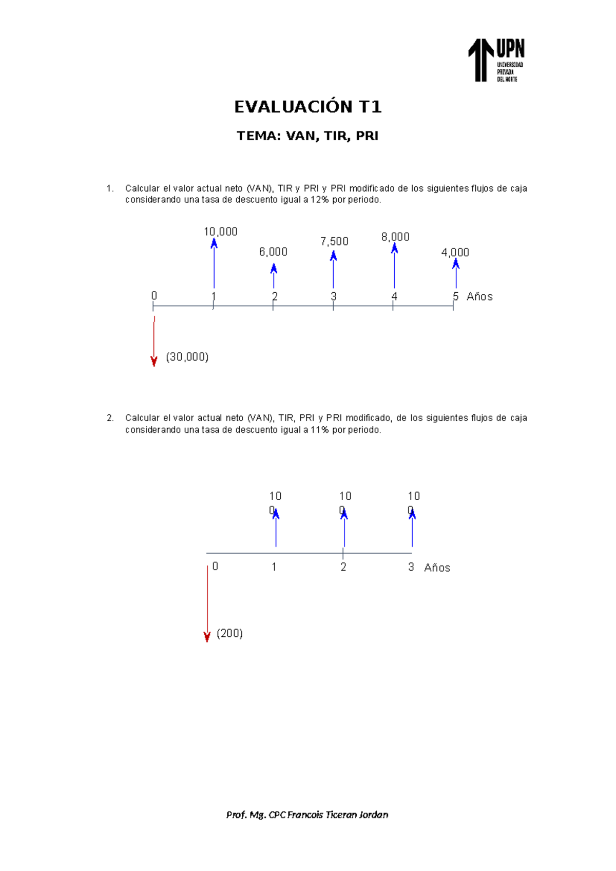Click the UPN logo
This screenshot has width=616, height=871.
point(496,60)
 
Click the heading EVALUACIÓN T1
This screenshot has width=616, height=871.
point(308,107)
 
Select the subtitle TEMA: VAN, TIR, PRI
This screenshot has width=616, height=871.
point(307,136)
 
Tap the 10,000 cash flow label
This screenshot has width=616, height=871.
point(221,232)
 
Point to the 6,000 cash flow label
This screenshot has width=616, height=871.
point(273,252)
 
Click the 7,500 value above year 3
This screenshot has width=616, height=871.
point(334,241)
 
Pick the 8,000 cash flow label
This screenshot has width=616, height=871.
point(395,237)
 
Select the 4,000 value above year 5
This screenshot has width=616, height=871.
point(455,252)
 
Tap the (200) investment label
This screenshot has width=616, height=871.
point(229,633)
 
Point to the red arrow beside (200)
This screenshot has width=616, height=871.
point(207,603)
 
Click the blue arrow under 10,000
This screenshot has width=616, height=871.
point(214,264)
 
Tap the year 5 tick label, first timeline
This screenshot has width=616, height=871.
point(455,296)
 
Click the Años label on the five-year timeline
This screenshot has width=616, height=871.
point(479,297)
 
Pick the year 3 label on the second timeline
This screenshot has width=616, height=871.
point(411,567)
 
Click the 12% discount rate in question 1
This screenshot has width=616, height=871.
point(319,200)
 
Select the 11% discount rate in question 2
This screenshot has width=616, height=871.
point(319,430)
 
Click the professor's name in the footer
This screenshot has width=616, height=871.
point(307,815)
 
